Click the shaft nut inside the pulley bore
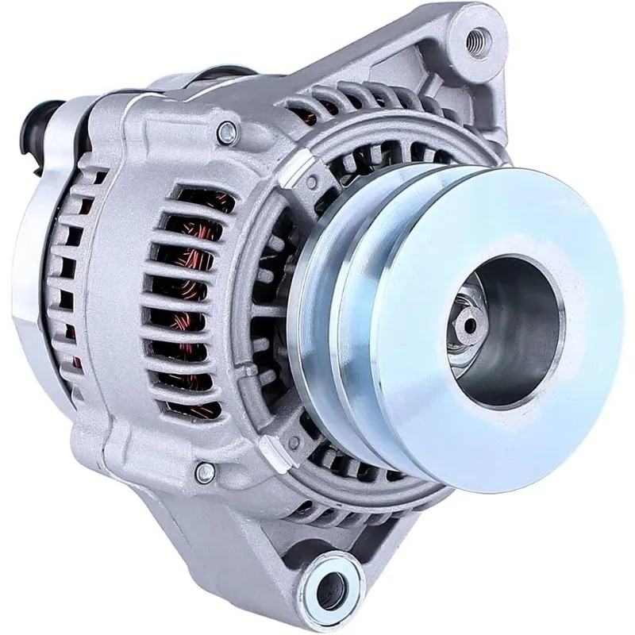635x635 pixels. coord(469,326)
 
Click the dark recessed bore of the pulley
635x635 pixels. coord(508,333)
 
